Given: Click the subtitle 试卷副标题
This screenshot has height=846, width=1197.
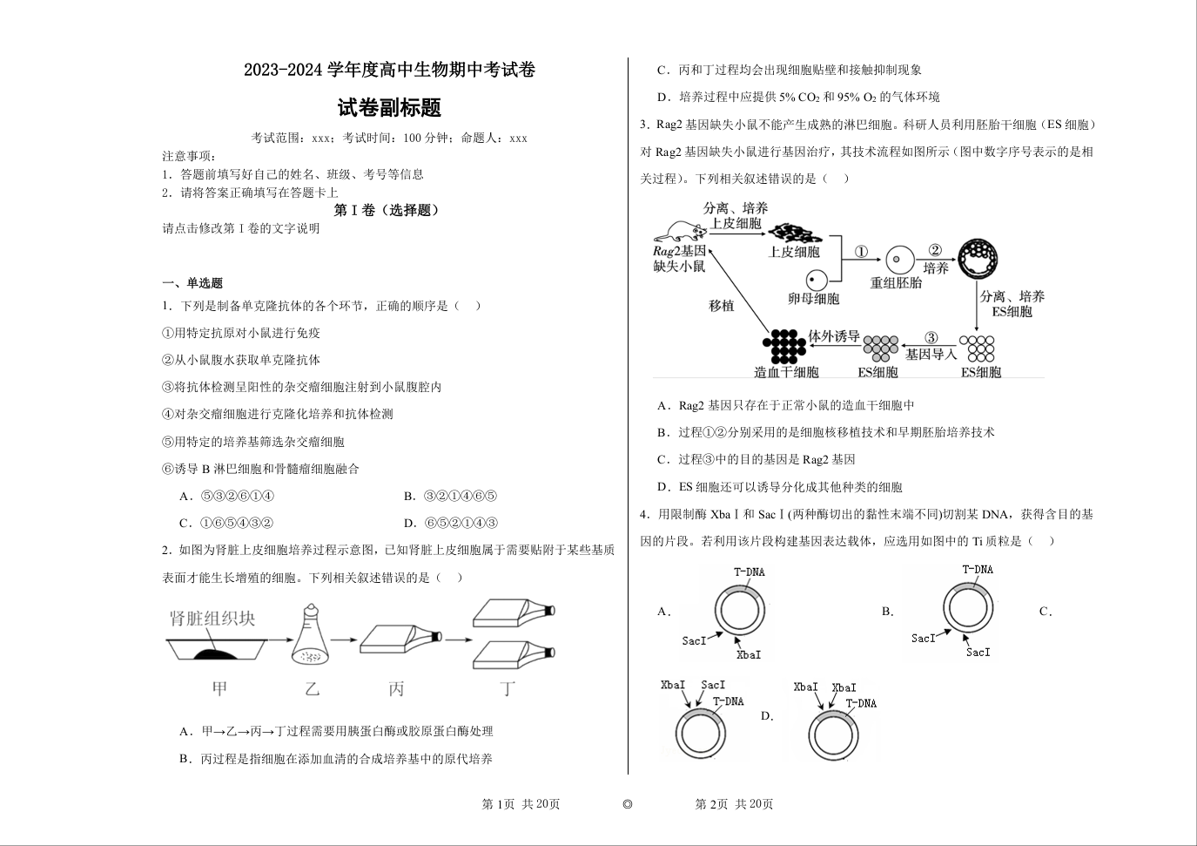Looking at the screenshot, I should (389, 108).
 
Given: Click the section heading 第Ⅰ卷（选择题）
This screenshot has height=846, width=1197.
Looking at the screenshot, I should (387, 210).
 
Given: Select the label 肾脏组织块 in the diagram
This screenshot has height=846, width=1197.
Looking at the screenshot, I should (212, 619).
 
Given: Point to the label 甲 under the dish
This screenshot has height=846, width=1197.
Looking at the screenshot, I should (219, 688).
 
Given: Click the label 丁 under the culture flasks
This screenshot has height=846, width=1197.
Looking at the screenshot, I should (508, 688).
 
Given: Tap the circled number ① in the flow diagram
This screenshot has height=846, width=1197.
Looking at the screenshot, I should (861, 252).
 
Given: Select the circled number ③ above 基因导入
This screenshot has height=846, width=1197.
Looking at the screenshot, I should (931, 338).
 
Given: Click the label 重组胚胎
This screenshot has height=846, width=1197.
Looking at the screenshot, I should (896, 283).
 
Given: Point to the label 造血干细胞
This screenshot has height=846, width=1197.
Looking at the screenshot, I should (786, 372).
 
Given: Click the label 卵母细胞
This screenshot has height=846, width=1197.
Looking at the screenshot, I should (813, 299).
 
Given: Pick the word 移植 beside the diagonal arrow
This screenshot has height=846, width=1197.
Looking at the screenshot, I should (722, 306).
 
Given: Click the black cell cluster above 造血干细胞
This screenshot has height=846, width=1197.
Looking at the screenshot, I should (784, 346).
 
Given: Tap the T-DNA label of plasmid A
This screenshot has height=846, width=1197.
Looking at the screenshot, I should (749, 572).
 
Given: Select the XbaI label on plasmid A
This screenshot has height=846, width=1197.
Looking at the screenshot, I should (748, 654).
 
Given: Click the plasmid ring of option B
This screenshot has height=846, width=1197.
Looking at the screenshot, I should (968, 609).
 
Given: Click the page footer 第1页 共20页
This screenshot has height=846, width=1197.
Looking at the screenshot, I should (521, 804).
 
